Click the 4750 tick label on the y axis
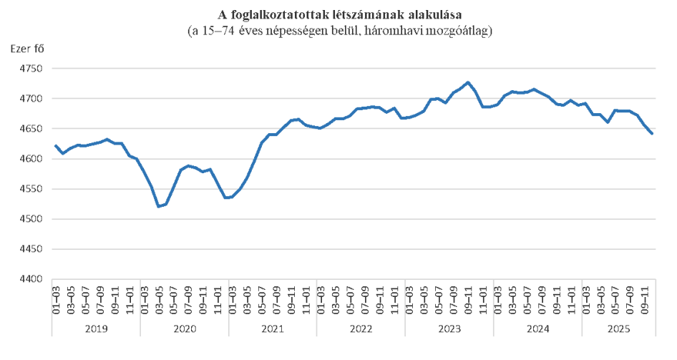[x=31, y=69]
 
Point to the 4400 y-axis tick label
[x=31, y=280]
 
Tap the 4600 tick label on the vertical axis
[x=31, y=159]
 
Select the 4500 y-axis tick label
[x=31, y=220]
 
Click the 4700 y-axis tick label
[x=31, y=99]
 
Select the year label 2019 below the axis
[x=95, y=329]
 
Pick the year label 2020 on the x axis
[x=184, y=329]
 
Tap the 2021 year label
[x=273, y=329]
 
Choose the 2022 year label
[x=361, y=329]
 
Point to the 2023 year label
[x=449, y=329]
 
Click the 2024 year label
[x=537, y=329]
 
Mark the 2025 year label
[x=618, y=329]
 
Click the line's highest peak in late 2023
[x=468, y=82]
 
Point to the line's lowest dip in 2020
[x=159, y=206]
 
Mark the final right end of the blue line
[x=652, y=133]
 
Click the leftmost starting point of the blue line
[x=55, y=145]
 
